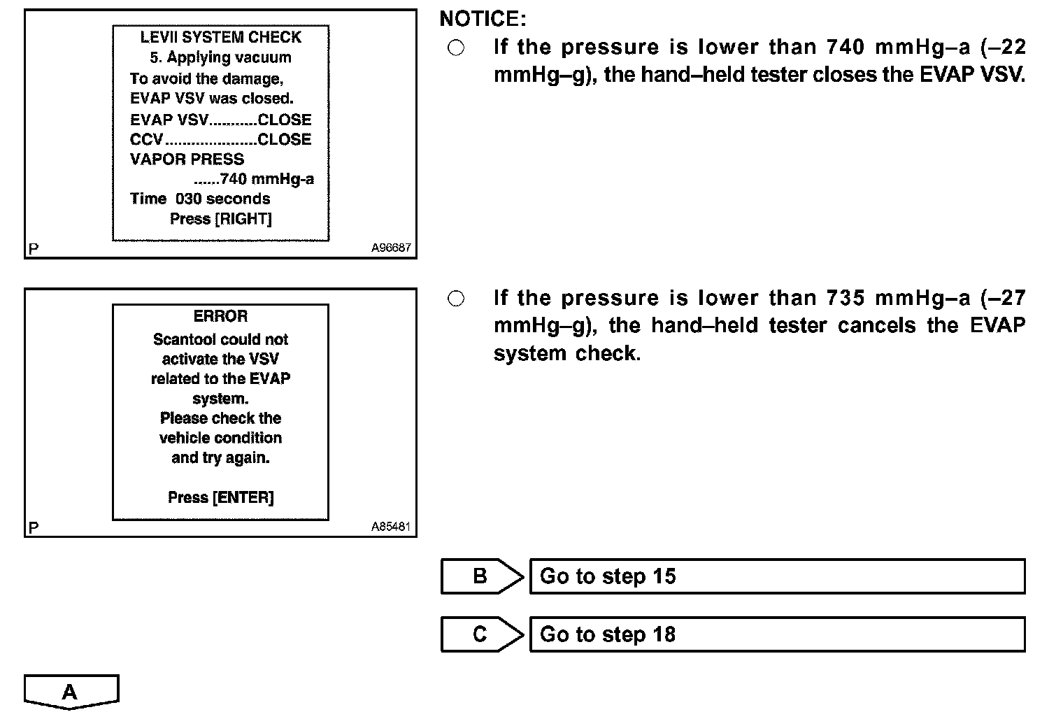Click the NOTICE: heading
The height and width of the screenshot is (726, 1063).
(483, 19)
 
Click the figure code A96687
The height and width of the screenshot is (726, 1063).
(391, 248)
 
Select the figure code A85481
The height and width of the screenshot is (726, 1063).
(391, 527)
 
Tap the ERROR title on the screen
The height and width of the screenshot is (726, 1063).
(220, 317)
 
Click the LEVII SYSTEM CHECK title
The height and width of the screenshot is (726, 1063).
(220, 37)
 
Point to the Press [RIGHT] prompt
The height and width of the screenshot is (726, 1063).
(220, 219)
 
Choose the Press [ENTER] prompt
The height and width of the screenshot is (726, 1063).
(220, 497)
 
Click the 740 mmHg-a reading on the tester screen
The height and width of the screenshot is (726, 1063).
(266, 179)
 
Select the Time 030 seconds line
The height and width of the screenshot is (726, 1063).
(200, 199)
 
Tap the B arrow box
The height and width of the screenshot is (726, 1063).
(481, 576)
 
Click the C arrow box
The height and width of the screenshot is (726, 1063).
(481, 634)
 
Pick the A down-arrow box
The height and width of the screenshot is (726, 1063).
(71, 692)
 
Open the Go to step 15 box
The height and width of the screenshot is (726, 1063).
(777, 576)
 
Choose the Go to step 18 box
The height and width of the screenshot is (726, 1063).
(777, 634)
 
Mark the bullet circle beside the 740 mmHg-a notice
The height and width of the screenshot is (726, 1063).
(455, 48)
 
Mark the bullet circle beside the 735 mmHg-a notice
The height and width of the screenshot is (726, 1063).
(455, 299)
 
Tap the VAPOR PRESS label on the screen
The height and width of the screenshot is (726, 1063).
(187, 159)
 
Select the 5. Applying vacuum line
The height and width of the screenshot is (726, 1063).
(220, 57)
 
